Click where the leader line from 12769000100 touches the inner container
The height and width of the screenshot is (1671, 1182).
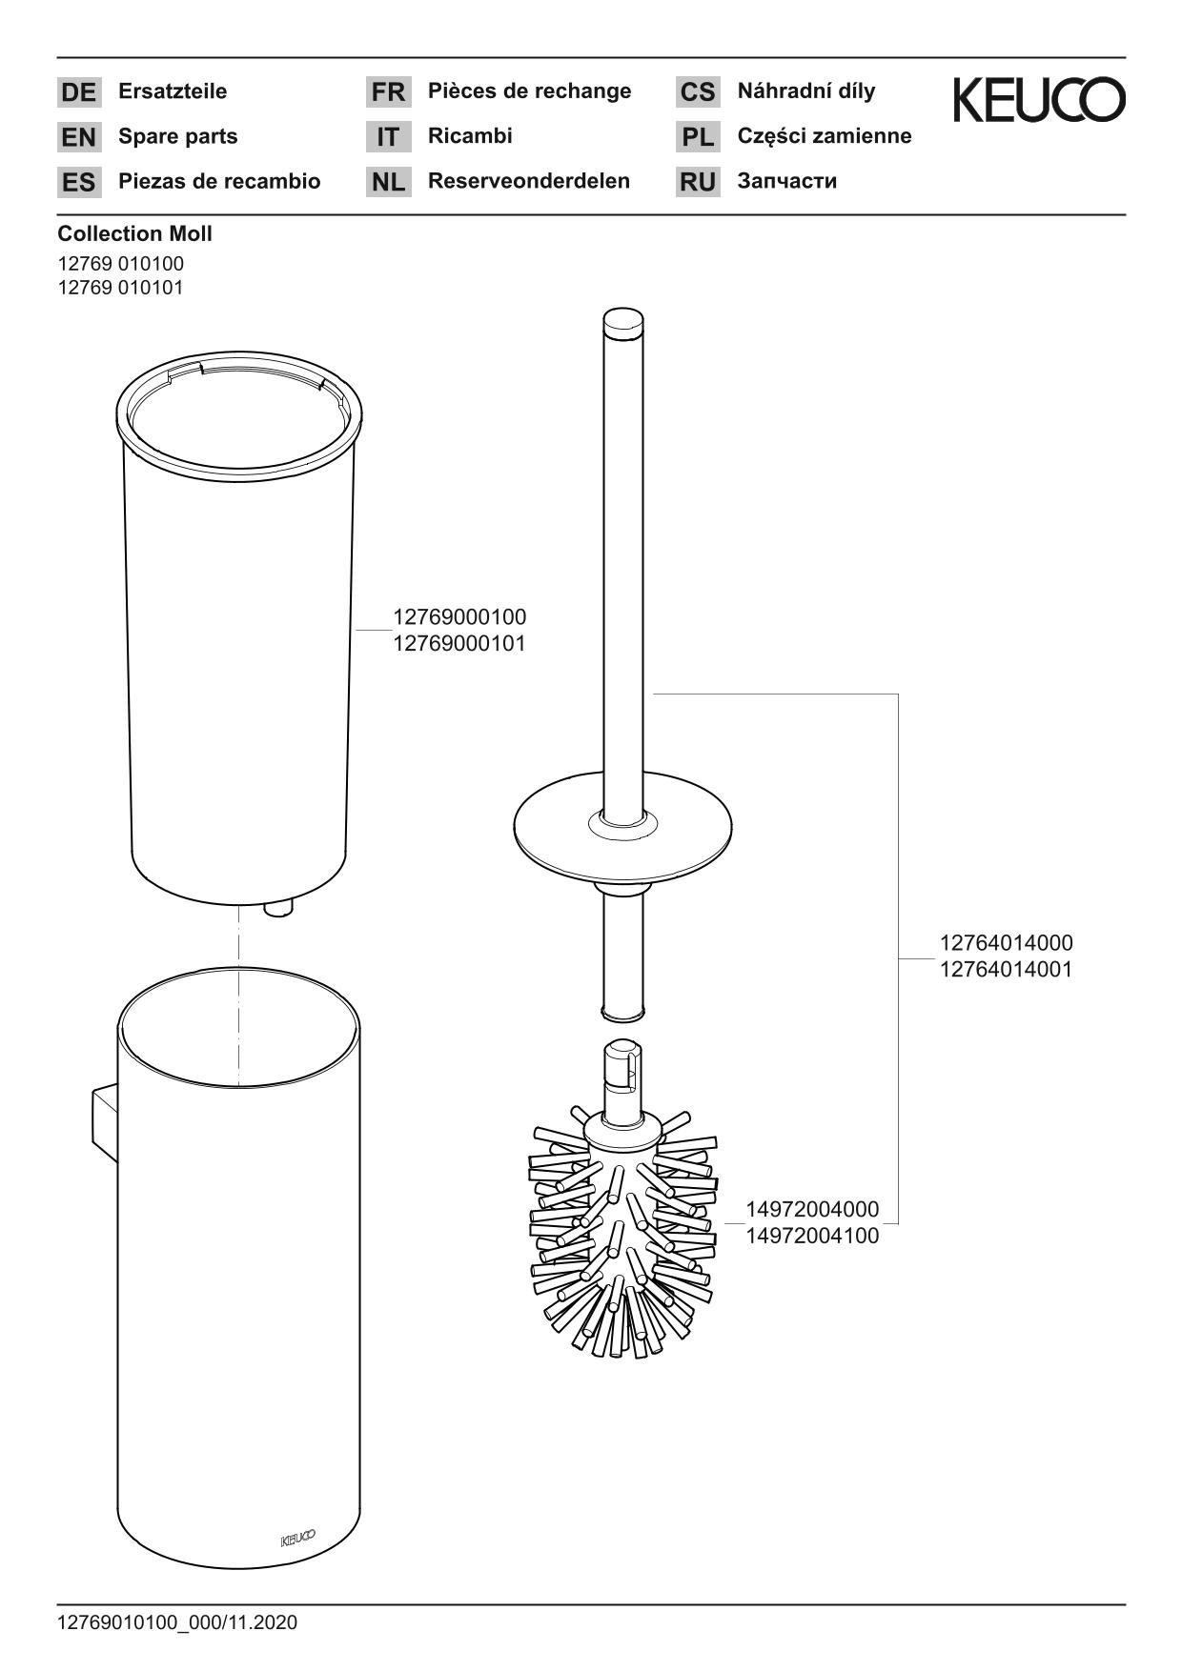tap(356, 631)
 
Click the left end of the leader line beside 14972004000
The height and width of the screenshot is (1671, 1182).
tap(725, 1223)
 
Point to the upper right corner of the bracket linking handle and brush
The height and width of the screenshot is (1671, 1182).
tap(899, 695)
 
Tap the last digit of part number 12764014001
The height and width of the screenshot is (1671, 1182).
tap(1067, 970)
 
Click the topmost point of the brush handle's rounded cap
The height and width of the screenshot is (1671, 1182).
tap(622, 307)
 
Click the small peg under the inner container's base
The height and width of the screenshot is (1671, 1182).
tap(276, 910)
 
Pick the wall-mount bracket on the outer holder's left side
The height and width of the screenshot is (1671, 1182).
tap(104, 1122)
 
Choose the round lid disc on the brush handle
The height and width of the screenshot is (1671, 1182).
tap(622, 825)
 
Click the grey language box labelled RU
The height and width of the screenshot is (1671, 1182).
tap(698, 181)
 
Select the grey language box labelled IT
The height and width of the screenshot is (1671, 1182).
tap(388, 136)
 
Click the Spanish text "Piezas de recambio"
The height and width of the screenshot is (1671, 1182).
tap(219, 181)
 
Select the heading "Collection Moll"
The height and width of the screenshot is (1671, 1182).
tap(134, 233)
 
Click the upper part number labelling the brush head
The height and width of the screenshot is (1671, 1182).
tap(812, 1210)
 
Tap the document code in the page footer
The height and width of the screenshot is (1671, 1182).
tap(177, 1622)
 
